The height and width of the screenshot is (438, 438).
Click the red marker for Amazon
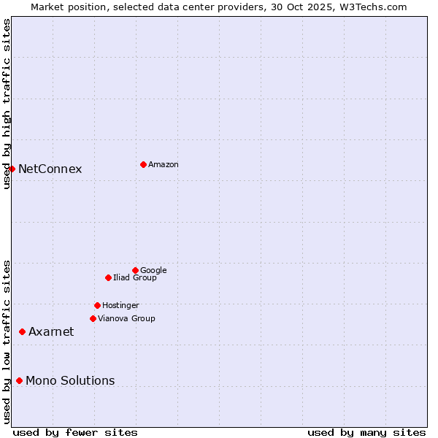tap(143, 164)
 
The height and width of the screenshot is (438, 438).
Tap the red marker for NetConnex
tap(12, 169)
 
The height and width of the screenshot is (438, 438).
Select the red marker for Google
tap(135, 270)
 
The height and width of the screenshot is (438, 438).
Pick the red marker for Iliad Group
tap(108, 277)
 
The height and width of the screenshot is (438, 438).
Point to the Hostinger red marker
tap(97, 305)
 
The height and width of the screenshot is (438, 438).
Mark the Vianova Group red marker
tap(93, 318)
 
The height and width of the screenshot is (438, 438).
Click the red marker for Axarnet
tap(22, 331)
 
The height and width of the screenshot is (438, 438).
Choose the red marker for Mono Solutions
tap(19, 380)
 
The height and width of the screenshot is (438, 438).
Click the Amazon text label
tap(164, 165)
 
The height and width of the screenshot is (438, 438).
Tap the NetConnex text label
tap(50, 169)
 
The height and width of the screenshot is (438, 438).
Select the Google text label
tap(153, 271)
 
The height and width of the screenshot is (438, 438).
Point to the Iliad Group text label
tap(135, 278)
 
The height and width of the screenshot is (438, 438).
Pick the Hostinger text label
tap(120, 306)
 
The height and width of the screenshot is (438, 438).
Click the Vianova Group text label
tap(126, 319)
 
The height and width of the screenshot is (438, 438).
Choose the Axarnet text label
tap(51, 332)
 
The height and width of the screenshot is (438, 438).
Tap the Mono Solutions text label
tap(70, 381)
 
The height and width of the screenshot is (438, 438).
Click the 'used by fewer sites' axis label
tap(75, 432)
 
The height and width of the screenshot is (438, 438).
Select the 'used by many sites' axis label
tap(366, 432)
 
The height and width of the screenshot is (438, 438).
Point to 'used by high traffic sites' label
tap(7, 104)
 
